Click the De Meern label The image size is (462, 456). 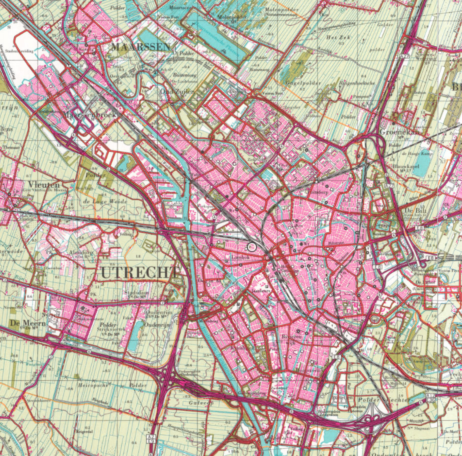point(28,323)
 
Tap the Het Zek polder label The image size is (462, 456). point(338,38)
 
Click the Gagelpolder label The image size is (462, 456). point(304,83)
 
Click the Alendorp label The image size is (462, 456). point(81,253)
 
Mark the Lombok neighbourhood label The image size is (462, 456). point(241,257)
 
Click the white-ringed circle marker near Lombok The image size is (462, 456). point(252,247)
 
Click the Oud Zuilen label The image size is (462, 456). point(177,92)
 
